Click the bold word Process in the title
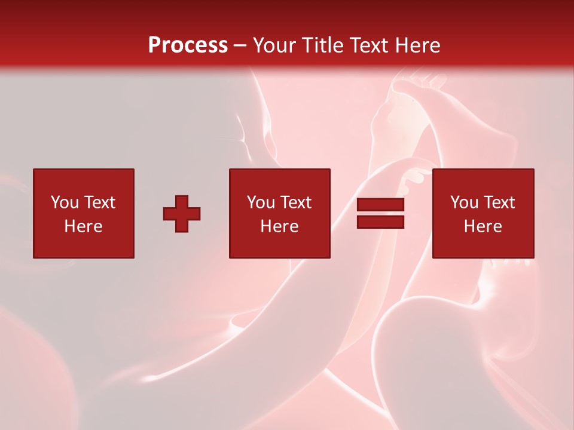188,45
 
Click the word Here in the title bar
419,45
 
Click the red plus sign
182,214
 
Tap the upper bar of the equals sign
380,205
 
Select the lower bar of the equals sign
380,222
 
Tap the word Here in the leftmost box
83,226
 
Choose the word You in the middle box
261,202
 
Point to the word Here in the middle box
279,226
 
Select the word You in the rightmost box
464,202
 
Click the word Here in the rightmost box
483,226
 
